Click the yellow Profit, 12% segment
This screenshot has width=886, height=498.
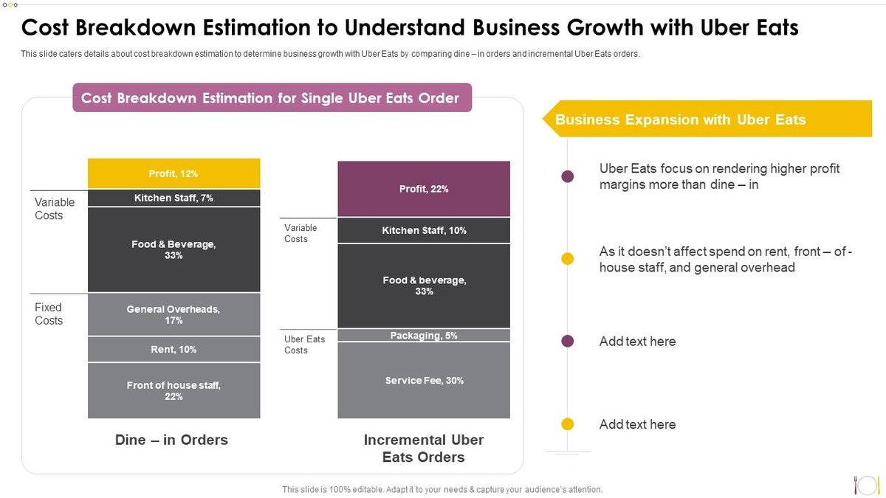coord(174,173)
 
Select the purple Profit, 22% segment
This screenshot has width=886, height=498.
coord(424,189)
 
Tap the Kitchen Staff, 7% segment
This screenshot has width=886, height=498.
coord(174,198)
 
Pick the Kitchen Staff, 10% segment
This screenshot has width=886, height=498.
coord(424,230)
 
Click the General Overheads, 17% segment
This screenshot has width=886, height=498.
coord(174,314)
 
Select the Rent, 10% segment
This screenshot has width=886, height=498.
coord(174,349)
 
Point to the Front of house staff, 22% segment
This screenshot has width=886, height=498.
coord(174,390)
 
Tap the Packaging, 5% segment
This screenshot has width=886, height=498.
coord(424,336)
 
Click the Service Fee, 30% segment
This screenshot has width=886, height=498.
coord(424,381)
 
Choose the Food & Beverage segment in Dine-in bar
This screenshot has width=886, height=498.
coord(174,249)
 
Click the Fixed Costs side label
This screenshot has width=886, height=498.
coord(49,314)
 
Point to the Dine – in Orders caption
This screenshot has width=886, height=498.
coord(171,440)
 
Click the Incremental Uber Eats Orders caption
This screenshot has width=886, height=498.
coord(424,449)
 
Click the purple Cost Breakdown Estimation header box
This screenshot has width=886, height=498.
coord(272,98)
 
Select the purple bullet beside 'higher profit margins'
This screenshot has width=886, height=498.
coord(568,176)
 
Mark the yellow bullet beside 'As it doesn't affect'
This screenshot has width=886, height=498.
coord(568,258)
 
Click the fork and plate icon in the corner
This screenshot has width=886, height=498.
coord(865,484)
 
